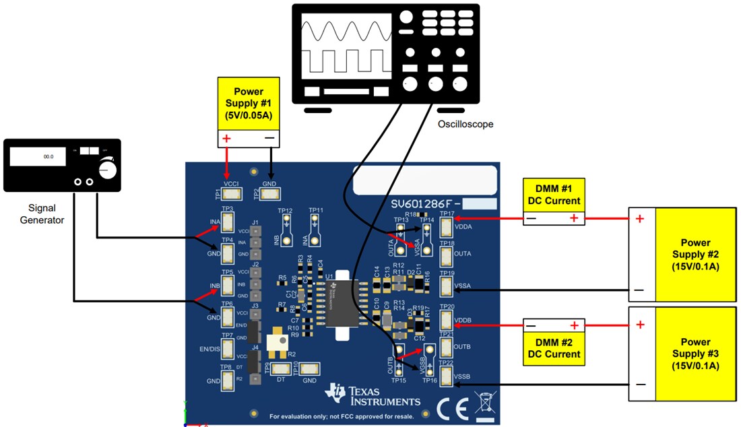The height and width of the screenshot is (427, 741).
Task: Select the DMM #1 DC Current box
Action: tap(554, 195)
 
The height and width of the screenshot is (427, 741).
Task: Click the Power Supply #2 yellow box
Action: tap(695, 254)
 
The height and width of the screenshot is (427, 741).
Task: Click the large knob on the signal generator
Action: tap(107, 170)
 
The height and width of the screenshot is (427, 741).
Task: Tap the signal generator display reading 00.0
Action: tap(38, 156)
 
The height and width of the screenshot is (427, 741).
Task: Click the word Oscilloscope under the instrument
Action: tap(465, 125)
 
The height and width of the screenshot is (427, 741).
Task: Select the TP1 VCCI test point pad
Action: tap(232, 194)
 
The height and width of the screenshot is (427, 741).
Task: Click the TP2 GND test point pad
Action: tap(269, 194)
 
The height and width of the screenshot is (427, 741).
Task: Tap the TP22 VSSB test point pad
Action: tap(447, 376)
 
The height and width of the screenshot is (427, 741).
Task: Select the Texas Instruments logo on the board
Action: tap(373, 397)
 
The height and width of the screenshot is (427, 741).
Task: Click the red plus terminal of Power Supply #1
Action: tap(227, 139)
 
